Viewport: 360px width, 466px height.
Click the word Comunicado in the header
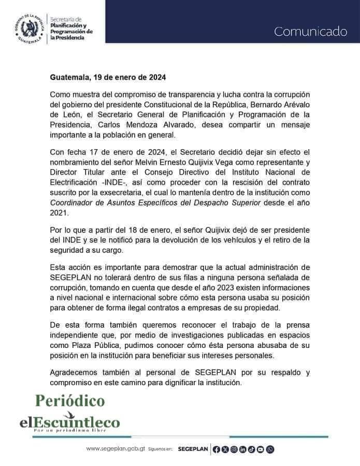(310, 32)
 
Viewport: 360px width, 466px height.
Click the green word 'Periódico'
(69, 401)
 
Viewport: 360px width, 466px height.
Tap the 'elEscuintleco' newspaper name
(69, 422)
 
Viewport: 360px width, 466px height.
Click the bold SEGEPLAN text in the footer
(193, 449)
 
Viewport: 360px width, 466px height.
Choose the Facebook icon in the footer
(217, 449)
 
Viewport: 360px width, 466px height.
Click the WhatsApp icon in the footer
(270, 449)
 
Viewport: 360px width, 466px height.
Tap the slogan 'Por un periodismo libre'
(69, 430)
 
